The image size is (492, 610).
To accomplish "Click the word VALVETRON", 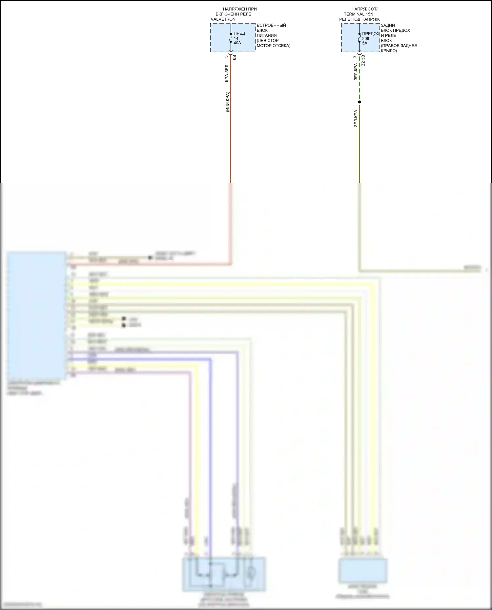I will click(223, 19).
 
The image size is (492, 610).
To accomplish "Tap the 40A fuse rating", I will click(237, 43).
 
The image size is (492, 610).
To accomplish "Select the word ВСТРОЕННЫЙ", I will click(271, 25).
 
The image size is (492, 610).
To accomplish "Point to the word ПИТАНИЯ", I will click(267, 35).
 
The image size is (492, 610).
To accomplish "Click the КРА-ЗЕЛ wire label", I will click(227, 73).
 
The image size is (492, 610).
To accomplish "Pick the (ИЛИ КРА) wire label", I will click(227, 102).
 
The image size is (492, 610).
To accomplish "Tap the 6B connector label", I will click(234, 57).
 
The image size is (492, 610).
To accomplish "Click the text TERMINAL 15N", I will click(359, 14).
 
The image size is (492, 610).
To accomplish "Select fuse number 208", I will click(365, 39).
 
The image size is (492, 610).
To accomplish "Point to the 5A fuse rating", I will click(365, 43).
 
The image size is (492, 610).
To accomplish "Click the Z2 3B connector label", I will click(363, 60).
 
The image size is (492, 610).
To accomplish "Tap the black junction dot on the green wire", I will click(359, 102).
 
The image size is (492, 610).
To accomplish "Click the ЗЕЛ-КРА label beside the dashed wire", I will click(356, 72).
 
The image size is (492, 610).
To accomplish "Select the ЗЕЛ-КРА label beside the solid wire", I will click(356, 118).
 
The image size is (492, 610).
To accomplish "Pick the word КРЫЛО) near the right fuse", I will click(389, 51).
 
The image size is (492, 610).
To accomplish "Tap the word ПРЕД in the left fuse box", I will click(239, 33).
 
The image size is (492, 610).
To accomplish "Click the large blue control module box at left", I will click(36, 315).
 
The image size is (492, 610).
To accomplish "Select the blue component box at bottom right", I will click(363, 571).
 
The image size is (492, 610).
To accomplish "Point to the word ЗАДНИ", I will click(388, 25).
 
